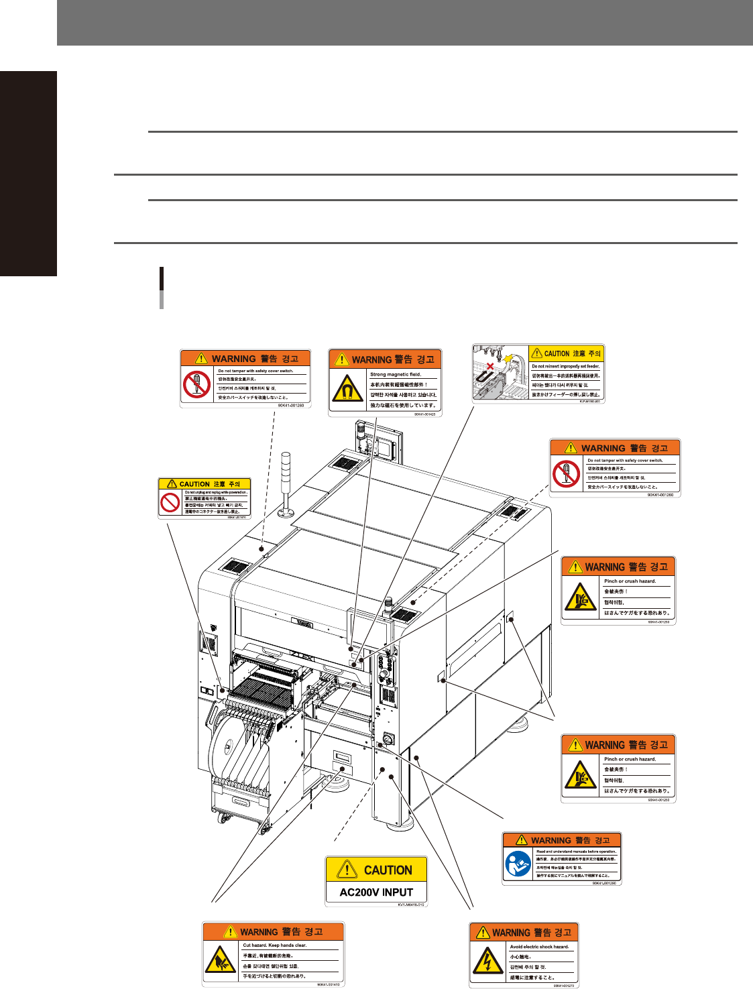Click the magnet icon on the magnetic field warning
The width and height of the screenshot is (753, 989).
click(347, 388)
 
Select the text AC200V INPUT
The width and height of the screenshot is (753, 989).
click(376, 892)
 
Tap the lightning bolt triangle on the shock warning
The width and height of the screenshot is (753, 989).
click(488, 963)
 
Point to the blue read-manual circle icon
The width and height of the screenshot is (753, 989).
click(518, 864)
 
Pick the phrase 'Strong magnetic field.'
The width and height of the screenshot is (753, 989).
click(396, 375)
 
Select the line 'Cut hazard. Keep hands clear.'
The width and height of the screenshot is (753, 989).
click(275, 945)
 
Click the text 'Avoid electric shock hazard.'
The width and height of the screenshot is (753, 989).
click(540, 947)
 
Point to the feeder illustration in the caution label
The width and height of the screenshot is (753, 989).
click(500, 374)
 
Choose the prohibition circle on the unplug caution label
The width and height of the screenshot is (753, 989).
click(170, 502)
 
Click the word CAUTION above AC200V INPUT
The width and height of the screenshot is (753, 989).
click(388, 870)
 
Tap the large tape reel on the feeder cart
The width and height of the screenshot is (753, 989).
click(232, 744)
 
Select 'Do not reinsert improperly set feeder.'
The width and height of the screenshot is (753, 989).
click(566, 366)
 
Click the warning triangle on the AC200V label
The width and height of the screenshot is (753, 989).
click(347, 870)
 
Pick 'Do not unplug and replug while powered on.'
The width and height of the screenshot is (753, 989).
click(216, 492)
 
